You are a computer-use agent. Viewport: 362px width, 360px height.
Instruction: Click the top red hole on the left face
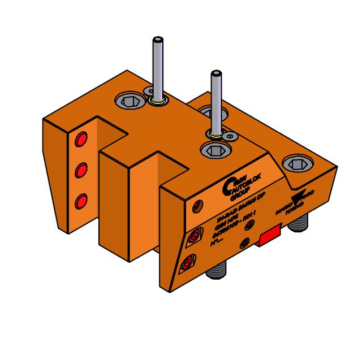[x=81, y=138]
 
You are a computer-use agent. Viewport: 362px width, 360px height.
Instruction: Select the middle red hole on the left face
[x=81, y=169]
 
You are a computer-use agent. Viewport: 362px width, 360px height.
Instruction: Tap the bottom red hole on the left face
[x=81, y=199]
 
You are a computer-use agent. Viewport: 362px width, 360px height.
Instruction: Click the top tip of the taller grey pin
[x=157, y=40]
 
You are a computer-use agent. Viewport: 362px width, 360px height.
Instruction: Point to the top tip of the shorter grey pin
[x=214, y=73]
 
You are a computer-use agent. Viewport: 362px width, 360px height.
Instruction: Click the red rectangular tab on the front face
[x=270, y=236]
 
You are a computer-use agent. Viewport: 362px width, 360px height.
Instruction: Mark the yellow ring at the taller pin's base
[x=157, y=102]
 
